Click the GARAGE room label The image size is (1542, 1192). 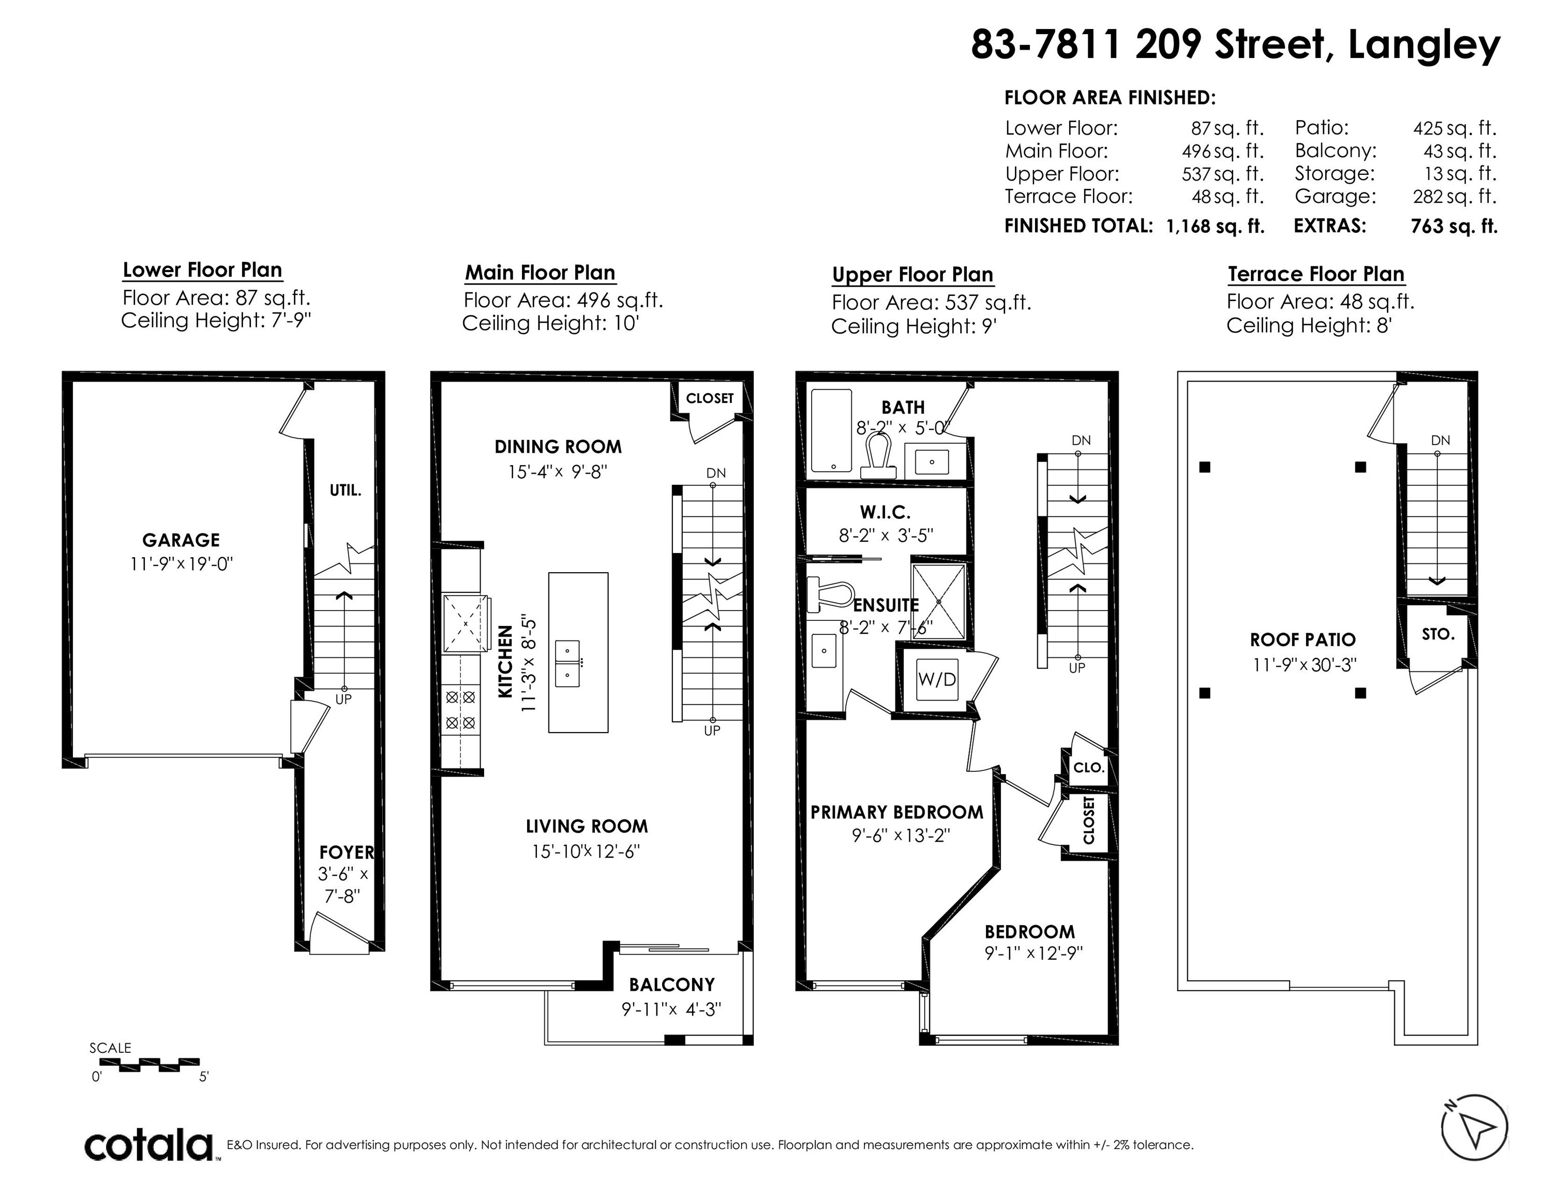(181, 540)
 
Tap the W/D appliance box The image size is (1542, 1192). (937, 679)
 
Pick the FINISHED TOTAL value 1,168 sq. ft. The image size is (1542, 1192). (1215, 226)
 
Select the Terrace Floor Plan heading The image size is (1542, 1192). (1316, 274)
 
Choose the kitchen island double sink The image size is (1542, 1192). (567, 664)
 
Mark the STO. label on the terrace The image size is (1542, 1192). (1438, 634)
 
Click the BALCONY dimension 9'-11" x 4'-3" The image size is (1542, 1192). (671, 1010)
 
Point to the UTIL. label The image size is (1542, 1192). (345, 490)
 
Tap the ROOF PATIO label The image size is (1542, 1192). (1303, 640)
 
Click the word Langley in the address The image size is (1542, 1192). (1424, 45)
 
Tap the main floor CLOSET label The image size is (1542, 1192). (710, 398)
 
